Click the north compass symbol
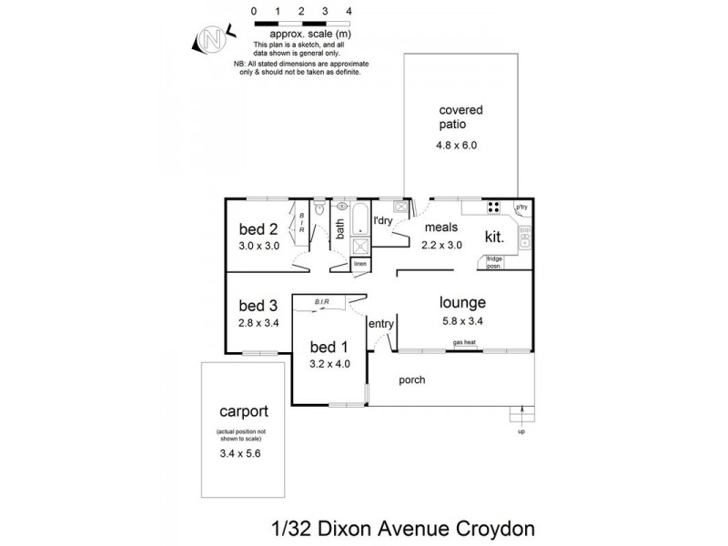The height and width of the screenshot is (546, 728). (x=212, y=41)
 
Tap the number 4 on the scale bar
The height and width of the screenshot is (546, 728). (x=349, y=12)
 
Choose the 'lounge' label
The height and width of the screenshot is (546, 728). (x=462, y=303)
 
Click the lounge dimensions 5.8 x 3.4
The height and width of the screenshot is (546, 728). (x=461, y=319)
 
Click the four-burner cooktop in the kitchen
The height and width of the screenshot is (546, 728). (x=495, y=206)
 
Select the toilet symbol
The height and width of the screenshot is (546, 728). (x=318, y=210)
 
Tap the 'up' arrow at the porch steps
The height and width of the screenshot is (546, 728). (x=520, y=419)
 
